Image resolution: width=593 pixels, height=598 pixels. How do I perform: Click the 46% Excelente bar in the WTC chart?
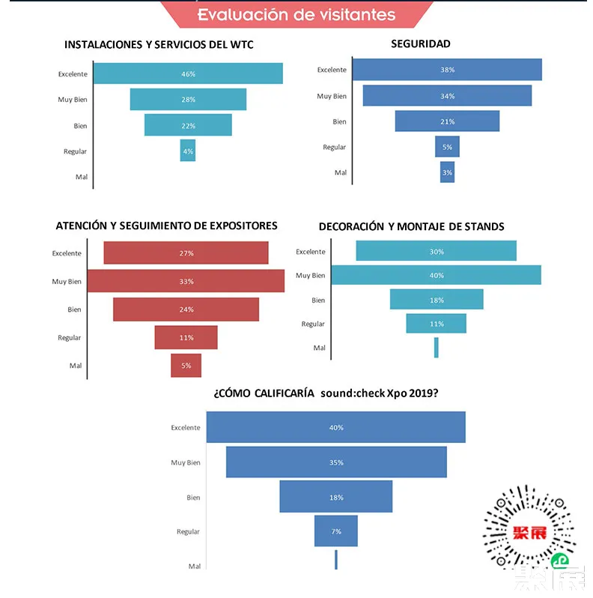pyautogui.click(x=187, y=73)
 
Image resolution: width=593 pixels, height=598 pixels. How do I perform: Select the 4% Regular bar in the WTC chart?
pyautogui.click(x=187, y=151)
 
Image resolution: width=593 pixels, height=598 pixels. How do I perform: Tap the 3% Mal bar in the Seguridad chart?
pyautogui.click(x=447, y=172)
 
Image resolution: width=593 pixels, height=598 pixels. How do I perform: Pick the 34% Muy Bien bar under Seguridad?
pyautogui.click(x=447, y=96)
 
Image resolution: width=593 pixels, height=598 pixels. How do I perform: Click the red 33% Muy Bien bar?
pyautogui.click(x=186, y=281)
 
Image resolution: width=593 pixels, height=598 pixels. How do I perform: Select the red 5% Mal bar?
pyautogui.click(x=186, y=366)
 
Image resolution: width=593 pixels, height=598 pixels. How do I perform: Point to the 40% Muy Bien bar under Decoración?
pyautogui.click(x=436, y=275)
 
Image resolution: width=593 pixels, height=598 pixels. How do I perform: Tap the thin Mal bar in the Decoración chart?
pyautogui.click(x=437, y=348)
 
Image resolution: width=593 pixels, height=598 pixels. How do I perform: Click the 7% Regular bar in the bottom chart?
pyautogui.click(x=336, y=531)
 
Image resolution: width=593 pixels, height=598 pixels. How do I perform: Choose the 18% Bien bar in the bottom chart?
pyautogui.click(x=336, y=497)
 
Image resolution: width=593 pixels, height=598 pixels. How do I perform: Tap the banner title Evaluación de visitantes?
pyautogui.click(x=296, y=14)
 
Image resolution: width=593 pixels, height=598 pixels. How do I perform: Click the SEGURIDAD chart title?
pyautogui.click(x=421, y=43)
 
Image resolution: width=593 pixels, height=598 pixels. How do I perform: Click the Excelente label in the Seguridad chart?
pyautogui.click(x=332, y=70)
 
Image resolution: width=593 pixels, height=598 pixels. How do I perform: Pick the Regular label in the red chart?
pyautogui.click(x=70, y=338)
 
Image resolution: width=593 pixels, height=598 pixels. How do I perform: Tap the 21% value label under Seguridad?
pyautogui.click(x=447, y=121)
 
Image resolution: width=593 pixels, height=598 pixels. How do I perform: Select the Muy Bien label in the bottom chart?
pyautogui.click(x=186, y=462)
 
